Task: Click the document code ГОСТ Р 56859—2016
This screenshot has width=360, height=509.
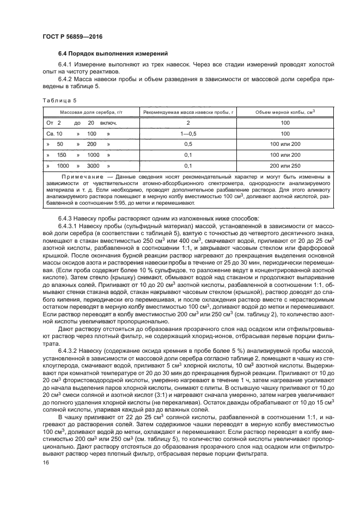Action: coord(72,36)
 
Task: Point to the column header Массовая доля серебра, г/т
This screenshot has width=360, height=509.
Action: coord(87,112)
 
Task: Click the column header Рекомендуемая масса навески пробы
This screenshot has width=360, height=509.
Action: coord(188,112)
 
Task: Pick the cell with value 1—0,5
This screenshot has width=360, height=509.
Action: coord(188,133)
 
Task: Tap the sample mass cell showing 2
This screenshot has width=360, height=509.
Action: coord(188,123)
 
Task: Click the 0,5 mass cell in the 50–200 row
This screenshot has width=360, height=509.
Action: coord(188,144)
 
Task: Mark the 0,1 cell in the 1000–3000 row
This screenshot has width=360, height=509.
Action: coord(188,165)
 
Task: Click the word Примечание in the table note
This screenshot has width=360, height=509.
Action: coord(82,177)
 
